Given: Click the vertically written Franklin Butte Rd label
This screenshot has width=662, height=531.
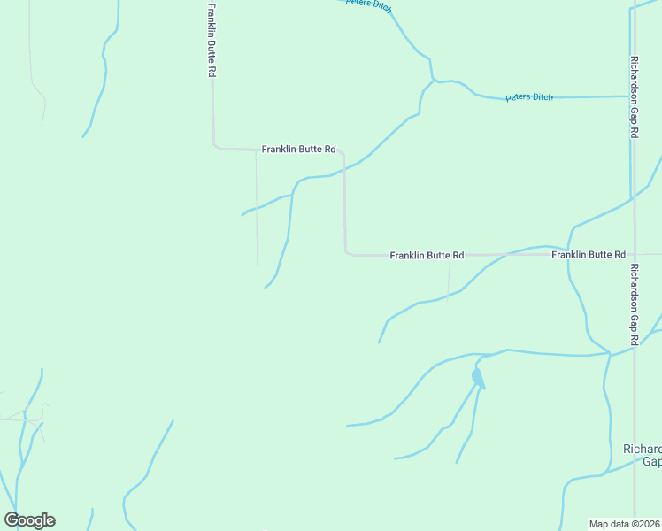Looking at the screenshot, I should click(x=212, y=41).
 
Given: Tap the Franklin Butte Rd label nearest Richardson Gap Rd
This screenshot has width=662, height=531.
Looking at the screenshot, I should click(x=589, y=255).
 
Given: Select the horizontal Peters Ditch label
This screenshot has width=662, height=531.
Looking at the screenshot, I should click(x=529, y=97).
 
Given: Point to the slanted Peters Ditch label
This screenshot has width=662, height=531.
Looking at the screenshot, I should click(x=367, y=4).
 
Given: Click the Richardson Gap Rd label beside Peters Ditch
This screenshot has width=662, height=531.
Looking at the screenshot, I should click(x=635, y=97).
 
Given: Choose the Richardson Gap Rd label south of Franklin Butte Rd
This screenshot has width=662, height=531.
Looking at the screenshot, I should click(x=635, y=304).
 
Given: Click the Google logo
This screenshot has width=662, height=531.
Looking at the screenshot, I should click(x=29, y=520).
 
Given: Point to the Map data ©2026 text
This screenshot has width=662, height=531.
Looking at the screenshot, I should click(x=625, y=524).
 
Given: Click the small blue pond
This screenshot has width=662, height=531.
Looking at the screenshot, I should click(x=477, y=378).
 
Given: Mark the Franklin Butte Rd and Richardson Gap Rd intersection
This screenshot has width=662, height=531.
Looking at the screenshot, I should click(x=633, y=254).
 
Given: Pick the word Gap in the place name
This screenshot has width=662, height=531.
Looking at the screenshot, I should click(x=651, y=461).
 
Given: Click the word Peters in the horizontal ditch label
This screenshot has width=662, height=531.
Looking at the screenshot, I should click(x=517, y=97).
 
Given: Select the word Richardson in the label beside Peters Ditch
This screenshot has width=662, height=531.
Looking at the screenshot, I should click(x=635, y=81).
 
